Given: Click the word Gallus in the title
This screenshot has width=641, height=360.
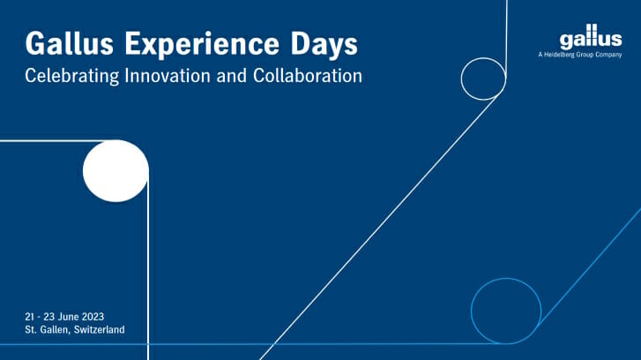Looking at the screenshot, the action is click(x=69, y=43).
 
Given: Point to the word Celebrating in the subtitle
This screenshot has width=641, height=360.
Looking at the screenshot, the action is click(x=72, y=76).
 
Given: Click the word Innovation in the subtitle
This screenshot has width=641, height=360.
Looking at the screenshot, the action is click(x=168, y=76).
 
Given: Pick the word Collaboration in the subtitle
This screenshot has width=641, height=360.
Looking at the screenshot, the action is click(x=308, y=76).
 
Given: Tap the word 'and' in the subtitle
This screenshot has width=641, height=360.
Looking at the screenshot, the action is click(x=231, y=76).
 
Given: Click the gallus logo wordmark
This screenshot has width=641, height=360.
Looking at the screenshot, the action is click(x=591, y=37).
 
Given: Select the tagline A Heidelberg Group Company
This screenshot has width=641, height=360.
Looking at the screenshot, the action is click(x=580, y=55).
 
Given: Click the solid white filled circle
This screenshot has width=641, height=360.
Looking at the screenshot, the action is click(x=116, y=171).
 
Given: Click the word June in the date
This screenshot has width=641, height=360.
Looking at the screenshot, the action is click(x=69, y=317).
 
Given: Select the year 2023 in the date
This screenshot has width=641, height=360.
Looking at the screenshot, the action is click(x=93, y=317).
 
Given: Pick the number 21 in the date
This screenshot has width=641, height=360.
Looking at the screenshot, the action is click(x=29, y=317).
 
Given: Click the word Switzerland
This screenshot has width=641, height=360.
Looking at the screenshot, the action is click(x=100, y=330).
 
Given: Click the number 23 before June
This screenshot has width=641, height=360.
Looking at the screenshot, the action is click(x=49, y=317).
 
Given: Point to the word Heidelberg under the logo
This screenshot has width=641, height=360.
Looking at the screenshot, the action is click(x=559, y=55).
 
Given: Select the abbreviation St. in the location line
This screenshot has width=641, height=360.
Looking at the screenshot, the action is click(x=31, y=330).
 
